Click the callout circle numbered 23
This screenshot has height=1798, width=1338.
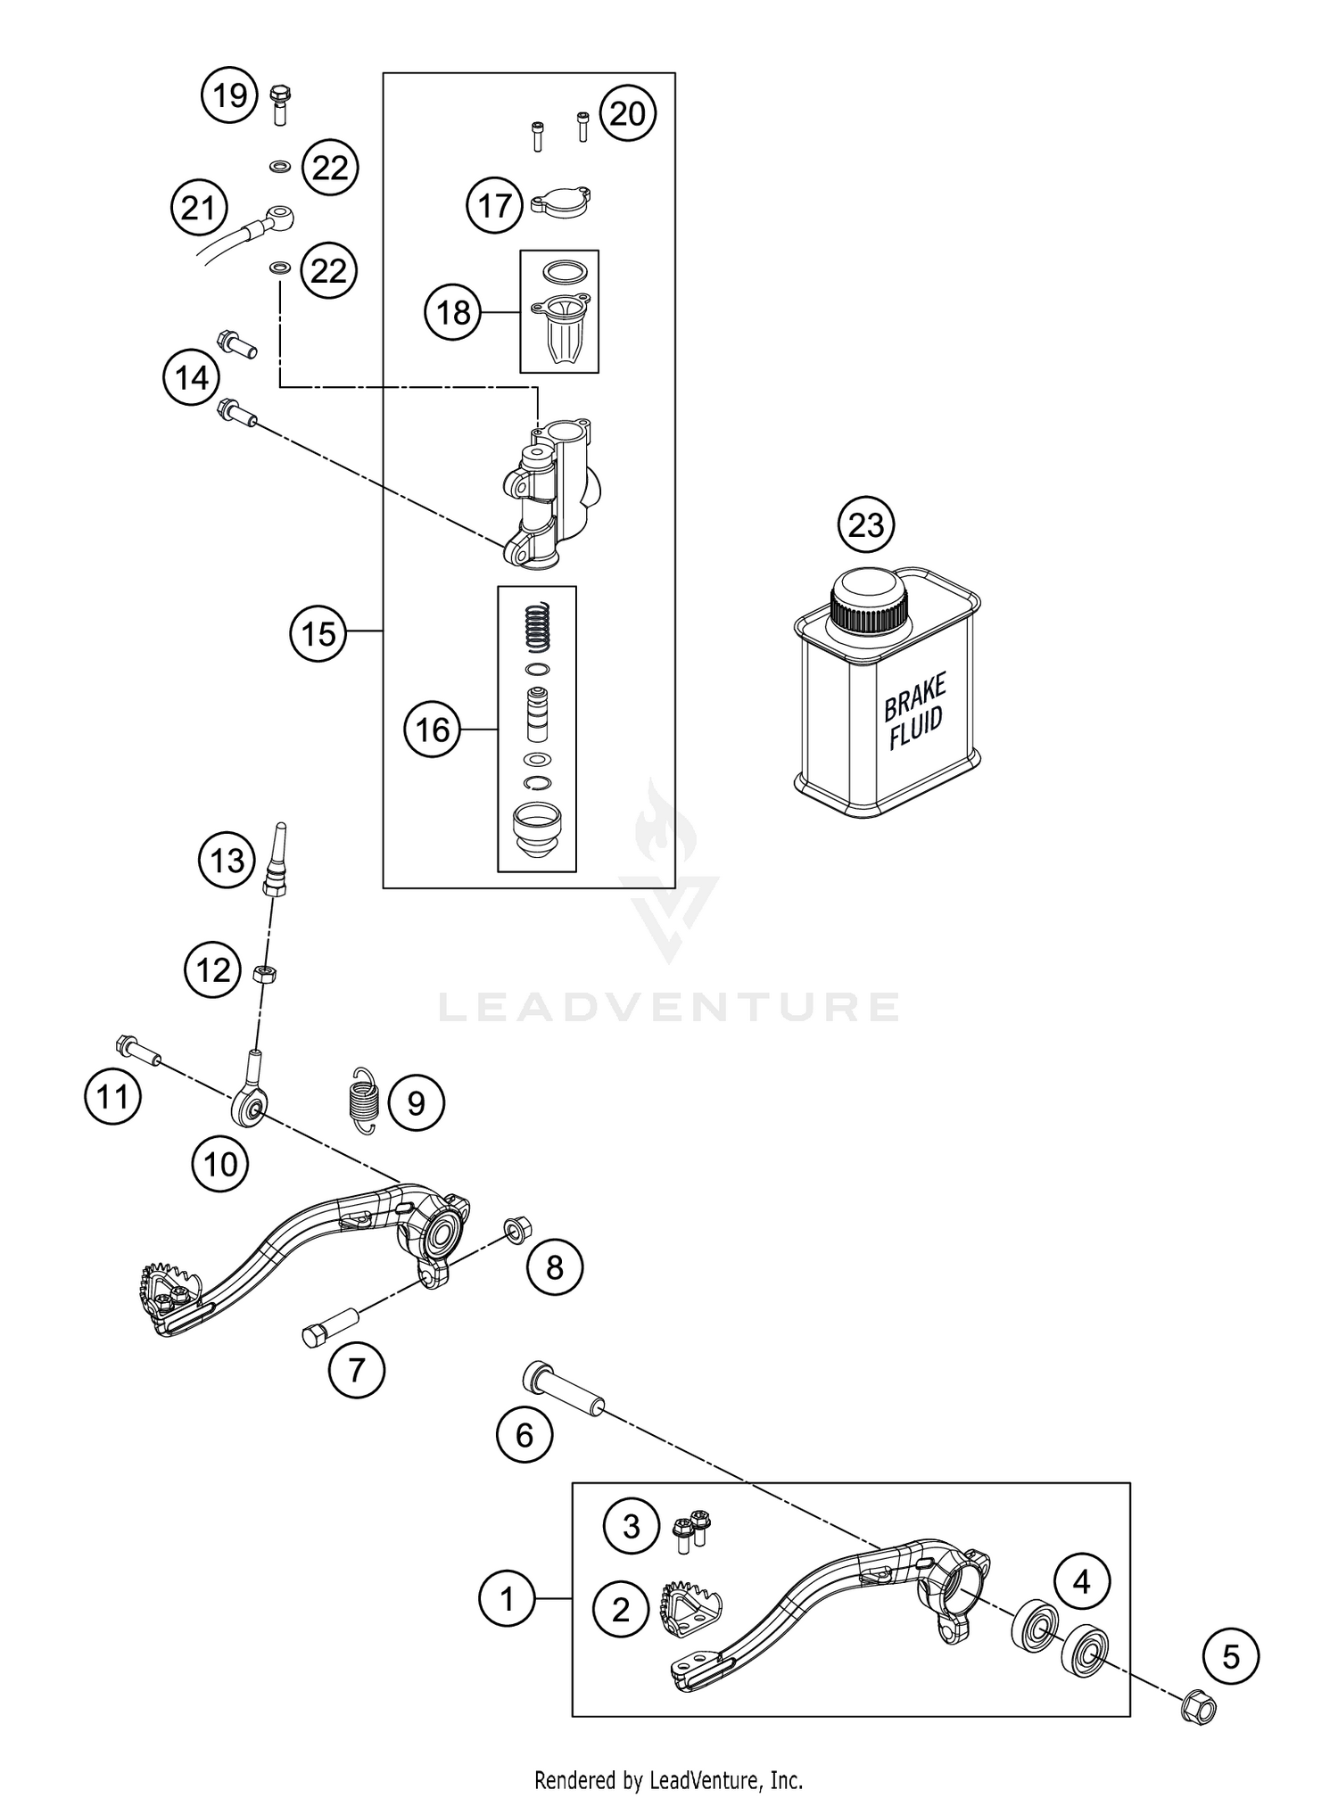coord(865,525)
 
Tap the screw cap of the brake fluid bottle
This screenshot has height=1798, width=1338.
coord(869,603)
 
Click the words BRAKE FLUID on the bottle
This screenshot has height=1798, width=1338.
coord(914,711)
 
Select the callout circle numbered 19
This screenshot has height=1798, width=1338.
coord(229,94)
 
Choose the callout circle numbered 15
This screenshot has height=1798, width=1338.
coord(318,634)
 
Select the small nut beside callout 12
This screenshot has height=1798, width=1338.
coord(263,972)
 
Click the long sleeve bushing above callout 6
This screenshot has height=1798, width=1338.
coord(562,1391)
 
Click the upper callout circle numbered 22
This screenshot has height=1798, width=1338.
coord(329,168)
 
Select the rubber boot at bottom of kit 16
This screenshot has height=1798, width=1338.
coord(535,829)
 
